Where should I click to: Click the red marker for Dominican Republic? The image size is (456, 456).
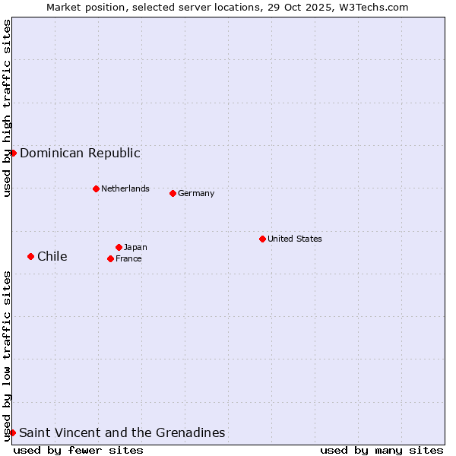click(13, 153)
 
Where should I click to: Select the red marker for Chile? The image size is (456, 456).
click(30, 256)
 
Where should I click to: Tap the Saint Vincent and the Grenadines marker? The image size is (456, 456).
click(12, 432)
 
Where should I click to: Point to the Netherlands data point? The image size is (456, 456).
click(96, 188)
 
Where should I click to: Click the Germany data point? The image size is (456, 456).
click(173, 193)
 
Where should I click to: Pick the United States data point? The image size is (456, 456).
click(262, 239)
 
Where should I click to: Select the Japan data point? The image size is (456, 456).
click(119, 247)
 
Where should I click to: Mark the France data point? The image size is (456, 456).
click(110, 258)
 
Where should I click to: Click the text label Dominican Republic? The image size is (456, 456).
click(80, 153)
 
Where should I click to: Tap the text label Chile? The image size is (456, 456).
click(52, 256)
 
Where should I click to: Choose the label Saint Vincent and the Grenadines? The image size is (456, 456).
click(122, 432)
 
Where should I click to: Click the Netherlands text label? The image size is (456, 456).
click(125, 188)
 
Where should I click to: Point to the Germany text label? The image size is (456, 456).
click(196, 193)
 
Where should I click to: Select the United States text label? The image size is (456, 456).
click(295, 239)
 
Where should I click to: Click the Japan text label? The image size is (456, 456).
click(135, 247)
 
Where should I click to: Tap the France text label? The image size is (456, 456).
click(128, 258)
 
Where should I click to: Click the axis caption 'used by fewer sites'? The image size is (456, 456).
click(78, 450)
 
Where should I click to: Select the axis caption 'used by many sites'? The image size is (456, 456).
click(382, 450)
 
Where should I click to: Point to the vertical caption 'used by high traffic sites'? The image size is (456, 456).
click(7, 108)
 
